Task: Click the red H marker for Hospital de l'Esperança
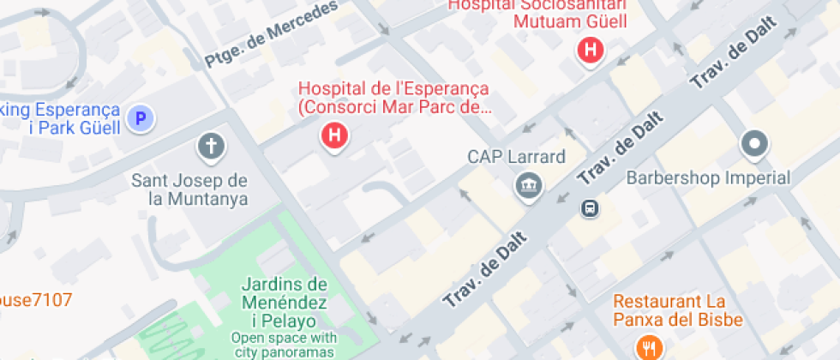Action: tap(335, 135)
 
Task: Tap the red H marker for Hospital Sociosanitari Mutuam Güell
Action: tap(590, 51)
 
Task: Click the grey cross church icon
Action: tap(211, 147)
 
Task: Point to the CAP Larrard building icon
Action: tap(527, 185)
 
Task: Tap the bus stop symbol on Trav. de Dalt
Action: tap(590, 207)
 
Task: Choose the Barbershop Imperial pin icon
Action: tap(754, 144)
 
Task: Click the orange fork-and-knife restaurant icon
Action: tap(647, 347)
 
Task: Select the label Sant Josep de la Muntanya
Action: tap(189, 189)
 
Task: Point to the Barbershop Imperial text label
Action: tap(708, 178)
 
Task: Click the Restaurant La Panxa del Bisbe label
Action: tap(677, 311)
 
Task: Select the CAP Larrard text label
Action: tap(516, 158)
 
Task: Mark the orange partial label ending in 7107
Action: tap(36, 300)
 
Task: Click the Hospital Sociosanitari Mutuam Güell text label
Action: tap(540, 13)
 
